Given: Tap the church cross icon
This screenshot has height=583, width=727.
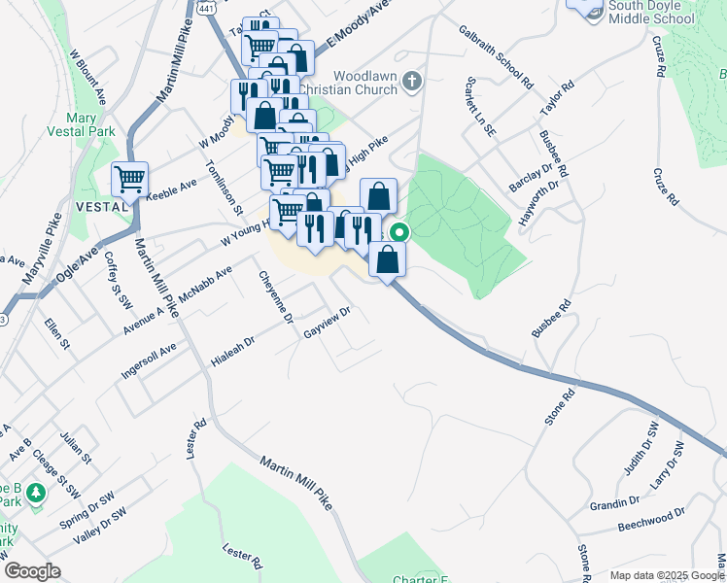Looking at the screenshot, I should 412,82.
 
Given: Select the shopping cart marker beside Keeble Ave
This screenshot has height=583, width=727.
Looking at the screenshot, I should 129,179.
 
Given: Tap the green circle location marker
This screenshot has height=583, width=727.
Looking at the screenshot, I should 398,232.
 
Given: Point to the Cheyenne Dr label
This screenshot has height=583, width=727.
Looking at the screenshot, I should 275,296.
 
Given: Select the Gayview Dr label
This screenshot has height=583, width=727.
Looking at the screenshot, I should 327,324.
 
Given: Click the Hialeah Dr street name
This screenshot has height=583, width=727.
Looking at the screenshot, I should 232,353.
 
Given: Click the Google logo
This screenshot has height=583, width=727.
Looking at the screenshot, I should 31,571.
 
